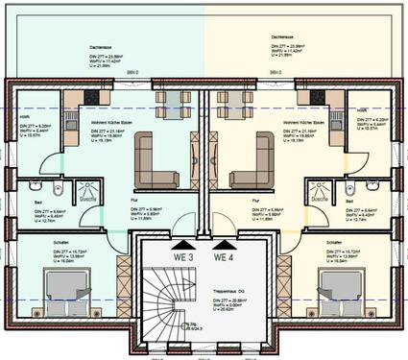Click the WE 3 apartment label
click(x=182, y=256)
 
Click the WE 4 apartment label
click(x=224, y=256)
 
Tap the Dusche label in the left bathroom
click(x=86, y=199)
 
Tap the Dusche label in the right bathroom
click(x=320, y=199)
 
